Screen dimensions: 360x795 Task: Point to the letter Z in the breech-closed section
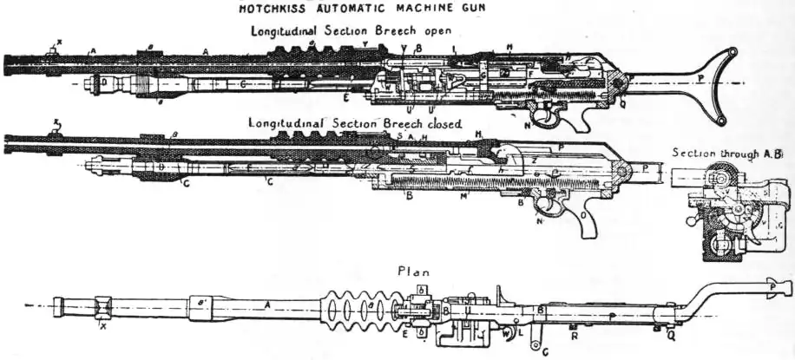(x=535, y=160)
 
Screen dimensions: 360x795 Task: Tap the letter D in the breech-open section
(x=103, y=82)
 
